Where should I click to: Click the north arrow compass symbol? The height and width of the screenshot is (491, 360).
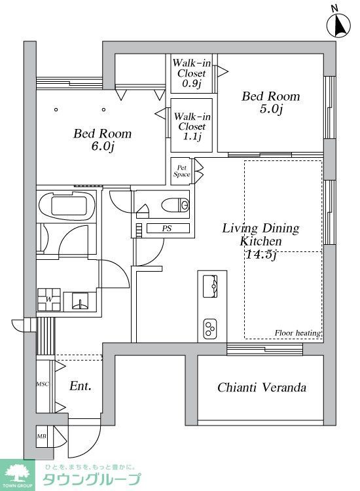338,24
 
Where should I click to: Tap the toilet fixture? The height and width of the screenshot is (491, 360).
175,205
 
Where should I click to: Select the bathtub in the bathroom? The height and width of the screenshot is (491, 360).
67,206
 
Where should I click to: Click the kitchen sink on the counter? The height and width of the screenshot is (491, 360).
210,286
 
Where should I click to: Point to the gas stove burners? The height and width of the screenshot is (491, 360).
210,329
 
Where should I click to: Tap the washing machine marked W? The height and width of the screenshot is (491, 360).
49,299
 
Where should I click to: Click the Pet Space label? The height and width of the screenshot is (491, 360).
181,172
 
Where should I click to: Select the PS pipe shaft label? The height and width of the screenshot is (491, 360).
167,228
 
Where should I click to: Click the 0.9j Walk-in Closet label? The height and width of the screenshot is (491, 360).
192,73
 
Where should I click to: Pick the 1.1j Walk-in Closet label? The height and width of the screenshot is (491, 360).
192,126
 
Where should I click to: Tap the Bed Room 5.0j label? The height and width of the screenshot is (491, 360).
271,102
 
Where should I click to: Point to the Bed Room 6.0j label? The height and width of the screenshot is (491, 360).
102,139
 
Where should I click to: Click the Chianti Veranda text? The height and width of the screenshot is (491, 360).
262,388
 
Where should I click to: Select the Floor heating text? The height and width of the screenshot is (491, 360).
298,333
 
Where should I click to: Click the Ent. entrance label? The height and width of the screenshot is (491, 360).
81,386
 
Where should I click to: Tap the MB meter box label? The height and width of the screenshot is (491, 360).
42,436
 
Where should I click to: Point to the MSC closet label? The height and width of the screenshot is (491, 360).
43,384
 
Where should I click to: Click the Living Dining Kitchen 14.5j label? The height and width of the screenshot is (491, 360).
261,241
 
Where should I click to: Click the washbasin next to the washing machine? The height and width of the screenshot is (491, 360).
80,302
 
